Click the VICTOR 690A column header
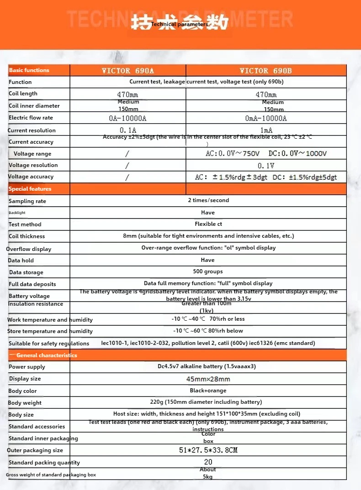(x=127, y=71)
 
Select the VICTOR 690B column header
(x=265, y=71)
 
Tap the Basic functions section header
(x=29, y=70)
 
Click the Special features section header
(x=30, y=189)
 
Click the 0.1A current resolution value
(x=128, y=130)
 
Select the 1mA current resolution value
(x=265, y=130)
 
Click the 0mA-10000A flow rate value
(x=266, y=118)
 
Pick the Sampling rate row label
(x=27, y=201)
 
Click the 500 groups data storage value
(x=208, y=271)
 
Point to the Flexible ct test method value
(x=208, y=224)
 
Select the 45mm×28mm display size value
(x=208, y=379)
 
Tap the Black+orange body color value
(x=208, y=391)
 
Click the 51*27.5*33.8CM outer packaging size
(x=208, y=450)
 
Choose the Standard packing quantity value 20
(x=208, y=462)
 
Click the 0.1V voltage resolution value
(x=265, y=166)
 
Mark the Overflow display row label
(x=29, y=249)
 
